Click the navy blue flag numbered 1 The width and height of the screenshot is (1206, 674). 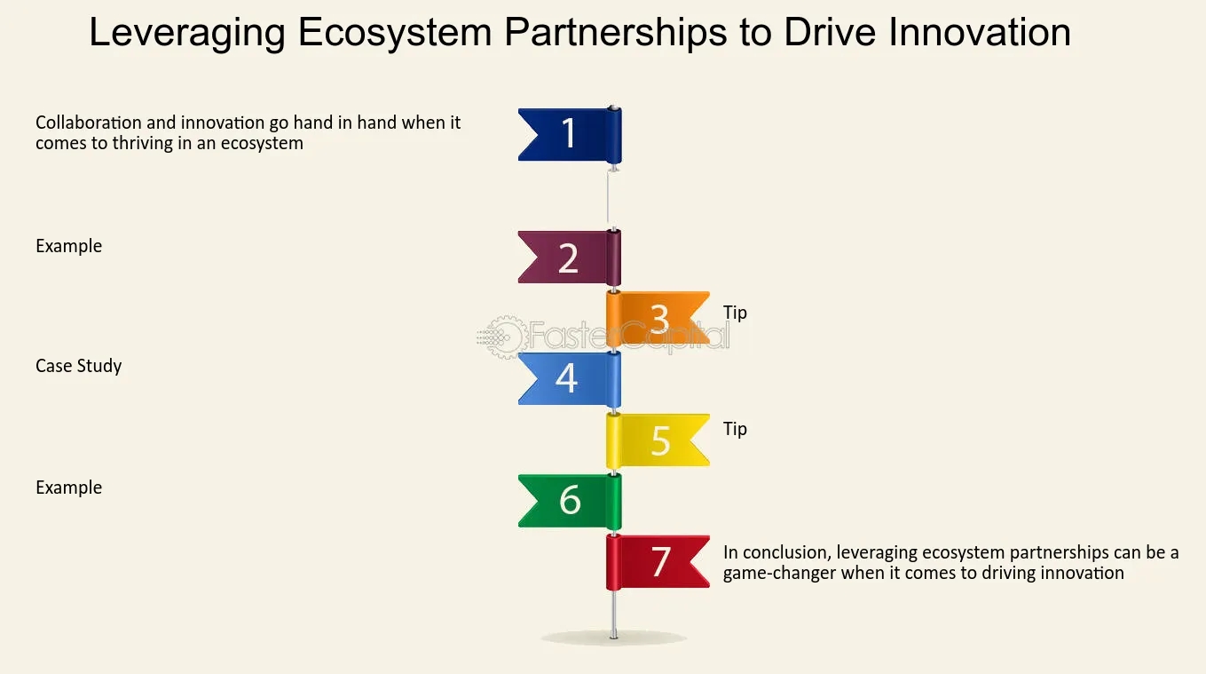point(570,135)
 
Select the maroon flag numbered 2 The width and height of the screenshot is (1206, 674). point(569,258)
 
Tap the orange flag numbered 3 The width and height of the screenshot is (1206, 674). point(658,318)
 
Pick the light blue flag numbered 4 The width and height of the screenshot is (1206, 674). point(569,378)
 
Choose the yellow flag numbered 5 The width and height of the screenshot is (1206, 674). point(658,440)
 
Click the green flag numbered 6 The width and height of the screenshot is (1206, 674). point(570,501)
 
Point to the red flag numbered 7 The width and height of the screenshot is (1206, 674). point(658,562)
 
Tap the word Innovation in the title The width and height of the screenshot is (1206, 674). point(980,32)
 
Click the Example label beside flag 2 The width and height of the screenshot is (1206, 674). point(69,246)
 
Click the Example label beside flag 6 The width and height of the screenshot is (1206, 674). point(69,488)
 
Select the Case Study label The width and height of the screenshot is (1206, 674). point(79,367)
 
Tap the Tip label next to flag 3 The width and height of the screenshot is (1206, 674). point(735,313)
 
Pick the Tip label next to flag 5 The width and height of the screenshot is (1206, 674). point(735,430)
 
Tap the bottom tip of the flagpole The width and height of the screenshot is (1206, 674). point(614,638)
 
